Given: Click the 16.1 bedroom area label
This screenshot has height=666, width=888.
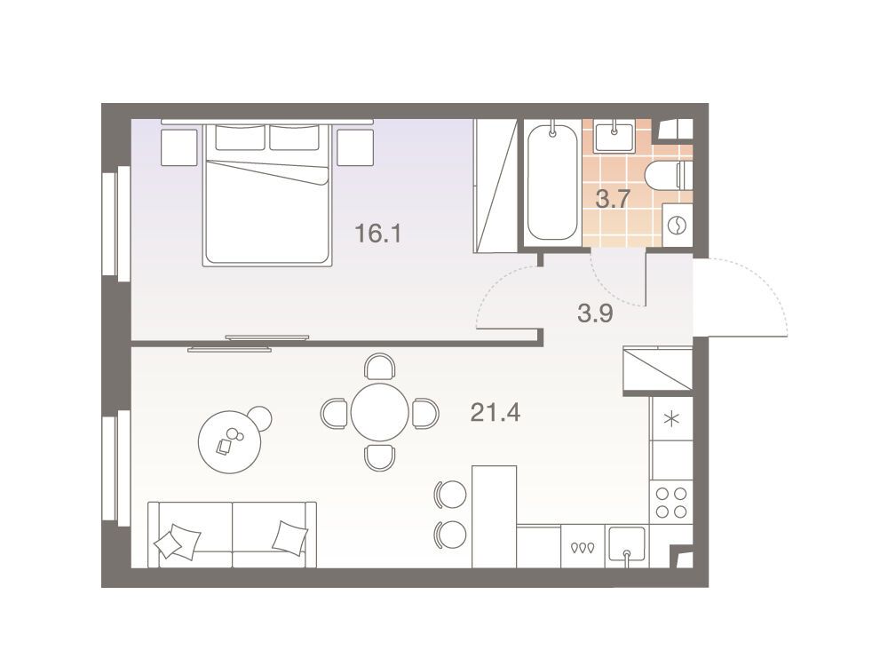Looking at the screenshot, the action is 377,233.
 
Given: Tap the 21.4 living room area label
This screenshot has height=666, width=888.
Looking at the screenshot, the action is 495,413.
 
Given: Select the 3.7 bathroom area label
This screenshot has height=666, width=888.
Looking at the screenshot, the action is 613,199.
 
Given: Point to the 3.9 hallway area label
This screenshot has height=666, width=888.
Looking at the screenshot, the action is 595,313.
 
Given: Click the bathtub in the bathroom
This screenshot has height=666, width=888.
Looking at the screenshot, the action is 552,183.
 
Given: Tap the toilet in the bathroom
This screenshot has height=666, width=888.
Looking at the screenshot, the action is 670,175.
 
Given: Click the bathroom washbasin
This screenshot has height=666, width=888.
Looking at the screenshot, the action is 614,135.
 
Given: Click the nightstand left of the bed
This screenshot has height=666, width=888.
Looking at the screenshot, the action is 179,147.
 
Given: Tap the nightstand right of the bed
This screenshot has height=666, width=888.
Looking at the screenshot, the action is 355,147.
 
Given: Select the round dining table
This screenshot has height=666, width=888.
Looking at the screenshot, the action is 379,412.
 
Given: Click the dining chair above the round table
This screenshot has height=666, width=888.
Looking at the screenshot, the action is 379,366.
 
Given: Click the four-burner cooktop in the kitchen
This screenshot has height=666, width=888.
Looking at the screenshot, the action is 671,503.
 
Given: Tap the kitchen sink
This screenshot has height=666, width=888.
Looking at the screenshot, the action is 626,546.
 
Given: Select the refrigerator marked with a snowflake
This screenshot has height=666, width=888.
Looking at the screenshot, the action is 671,419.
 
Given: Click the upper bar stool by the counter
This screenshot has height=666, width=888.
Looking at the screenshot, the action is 450,494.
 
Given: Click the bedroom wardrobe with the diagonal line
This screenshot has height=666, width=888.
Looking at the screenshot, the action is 496,186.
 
